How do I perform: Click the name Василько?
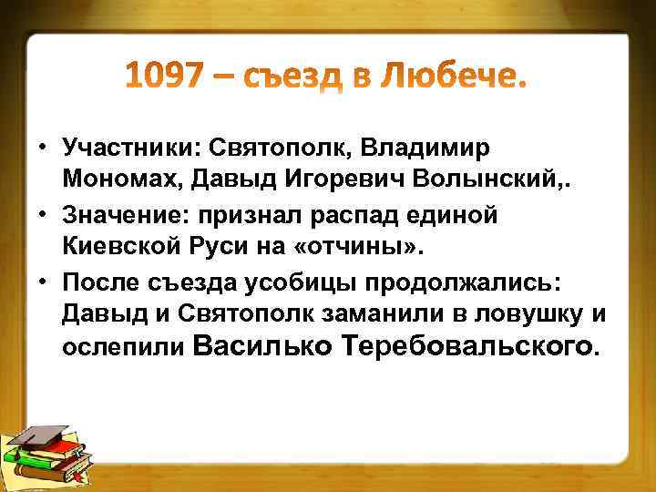click(x=261, y=345)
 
